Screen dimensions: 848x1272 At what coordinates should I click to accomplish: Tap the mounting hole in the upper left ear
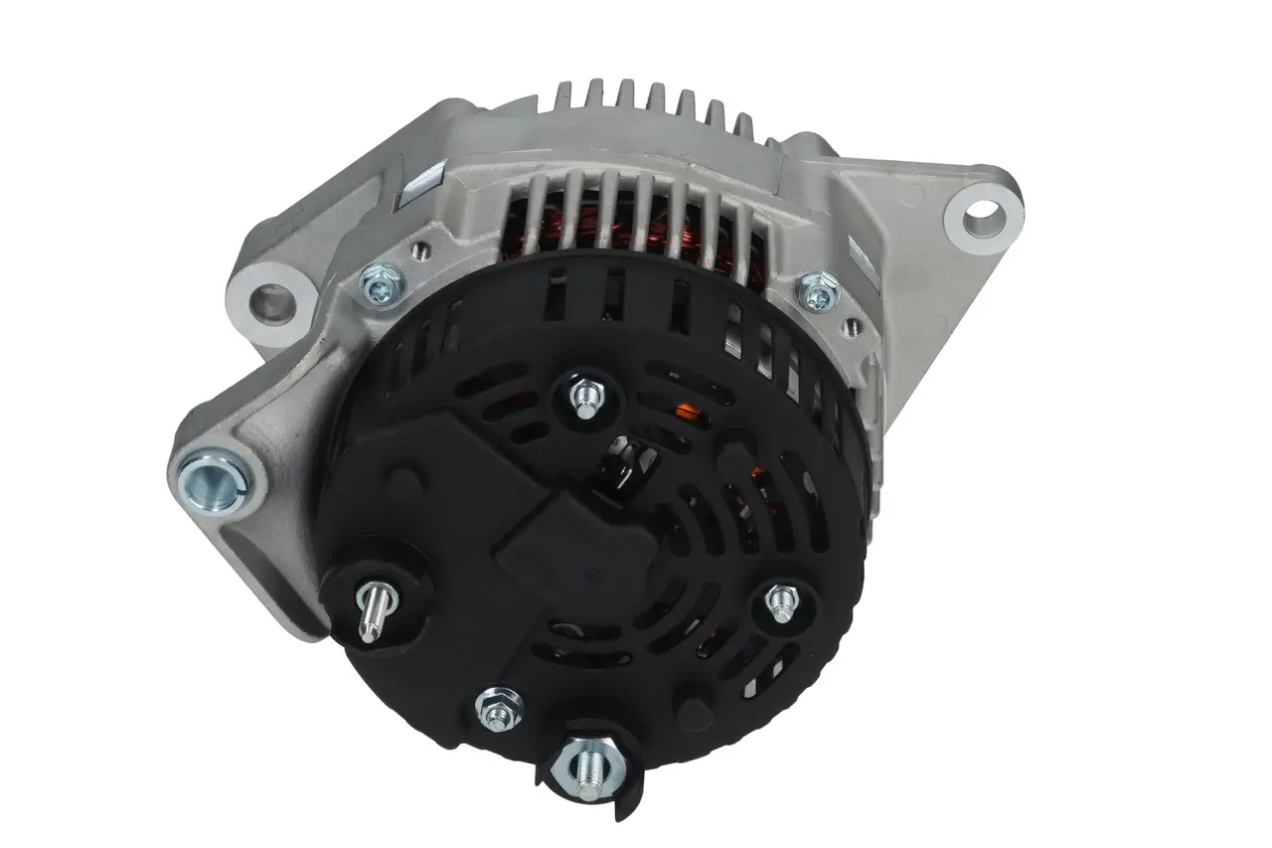pos(269,299)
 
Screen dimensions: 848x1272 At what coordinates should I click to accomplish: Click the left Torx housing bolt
pos(381,283)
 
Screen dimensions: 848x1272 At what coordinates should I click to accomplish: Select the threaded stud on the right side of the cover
pos(783,602)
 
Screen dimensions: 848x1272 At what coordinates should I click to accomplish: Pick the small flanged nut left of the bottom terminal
pos(499,707)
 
